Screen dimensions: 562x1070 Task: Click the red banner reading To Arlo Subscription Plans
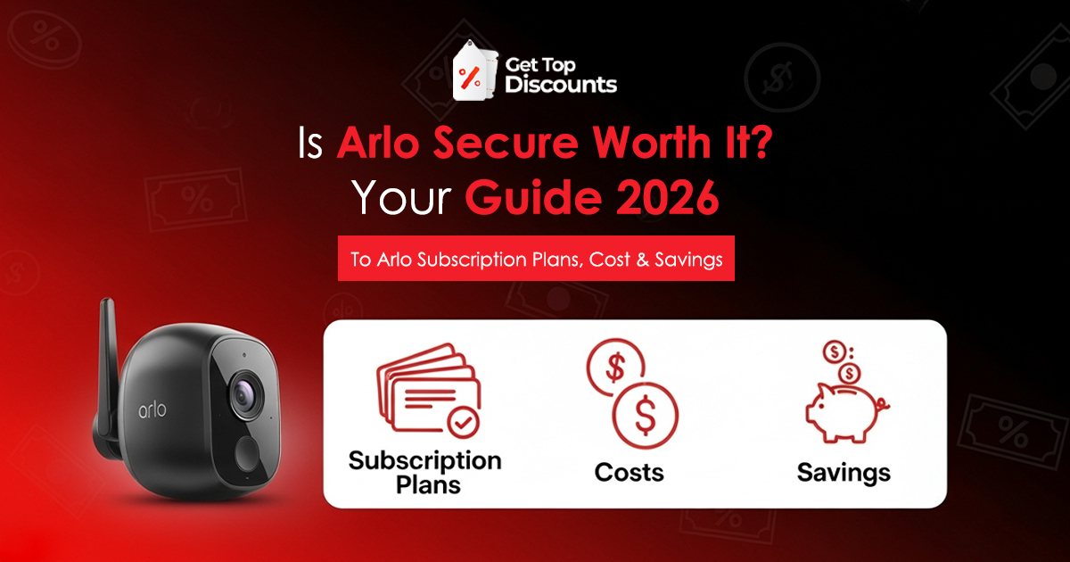click(x=536, y=259)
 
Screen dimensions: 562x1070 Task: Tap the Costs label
click(x=630, y=471)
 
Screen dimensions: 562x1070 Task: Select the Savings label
click(x=843, y=471)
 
